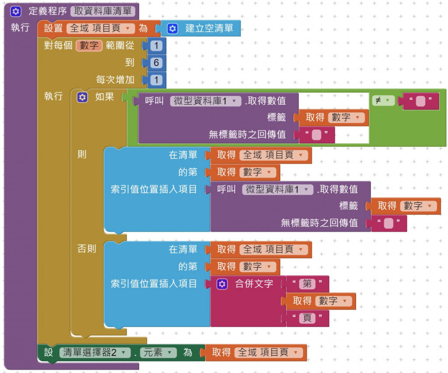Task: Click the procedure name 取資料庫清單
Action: click(x=103, y=11)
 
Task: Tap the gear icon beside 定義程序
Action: click(x=16, y=11)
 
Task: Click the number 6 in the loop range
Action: click(x=156, y=62)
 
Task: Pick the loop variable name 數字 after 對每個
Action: click(x=89, y=45)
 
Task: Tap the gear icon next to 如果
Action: click(x=82, y=97)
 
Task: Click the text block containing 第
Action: click(x=308, y=283)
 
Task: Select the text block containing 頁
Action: click(x=308, y=318)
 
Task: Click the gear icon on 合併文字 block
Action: click(x=222, y=284)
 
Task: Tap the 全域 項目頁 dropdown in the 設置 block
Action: click(x=101, y=28)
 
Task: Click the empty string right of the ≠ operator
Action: click(x=420, y=101)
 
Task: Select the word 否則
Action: click(x=87, y=249)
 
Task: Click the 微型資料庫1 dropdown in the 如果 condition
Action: click(x=206, y=101)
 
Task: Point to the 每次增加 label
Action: click(x=115, y=80)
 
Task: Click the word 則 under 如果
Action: click(x=82, y=154)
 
